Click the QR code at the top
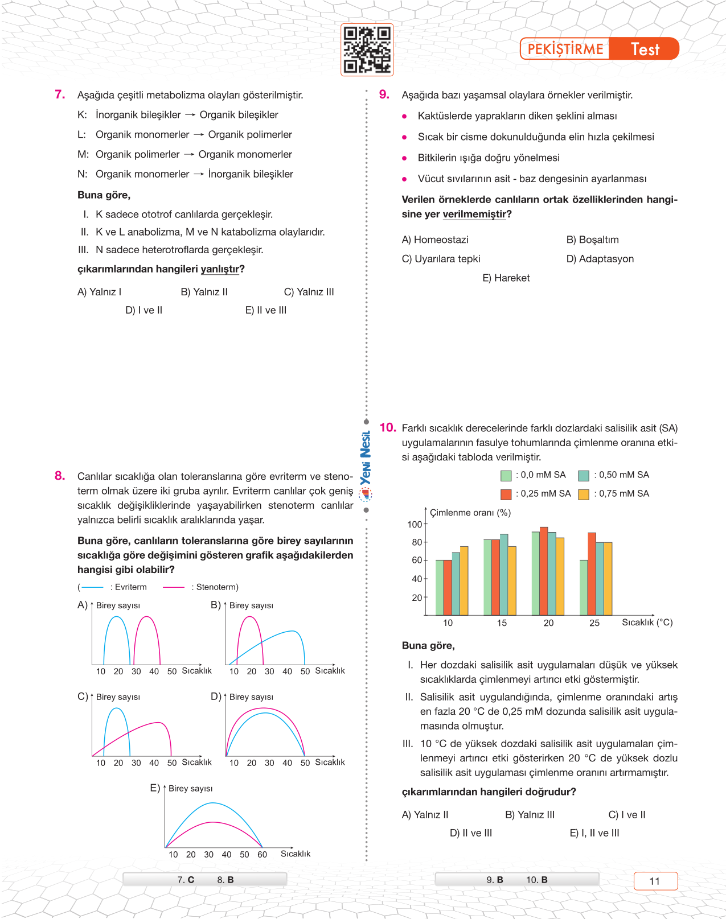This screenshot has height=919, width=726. [x=367, y=50]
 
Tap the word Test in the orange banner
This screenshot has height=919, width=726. [x=645, y=50]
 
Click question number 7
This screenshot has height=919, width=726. [x=60, y=94]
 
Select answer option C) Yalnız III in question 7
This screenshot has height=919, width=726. [x=309, y=292]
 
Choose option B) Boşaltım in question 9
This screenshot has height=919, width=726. [x=592, y=240]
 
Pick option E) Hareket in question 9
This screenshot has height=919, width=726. [x=506, y=278]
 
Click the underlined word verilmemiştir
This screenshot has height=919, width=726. [x=474, y=214]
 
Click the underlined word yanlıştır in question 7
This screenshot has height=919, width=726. [x=220, y=269]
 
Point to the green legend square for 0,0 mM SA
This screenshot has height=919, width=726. [x=506, y=476]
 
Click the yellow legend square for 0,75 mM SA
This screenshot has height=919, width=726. [x=584, y=494]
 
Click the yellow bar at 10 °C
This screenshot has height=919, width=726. [x=464, y=580]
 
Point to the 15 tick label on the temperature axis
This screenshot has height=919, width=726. [x=502, y=623]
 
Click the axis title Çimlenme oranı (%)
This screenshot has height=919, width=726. [x=470, y=513]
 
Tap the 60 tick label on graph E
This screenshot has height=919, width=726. [x=262, y=855]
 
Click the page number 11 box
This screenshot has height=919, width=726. [x=655, y=881]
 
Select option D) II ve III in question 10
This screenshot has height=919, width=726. [x=471, y=833]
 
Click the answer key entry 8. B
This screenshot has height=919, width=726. [x=225, y=880]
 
